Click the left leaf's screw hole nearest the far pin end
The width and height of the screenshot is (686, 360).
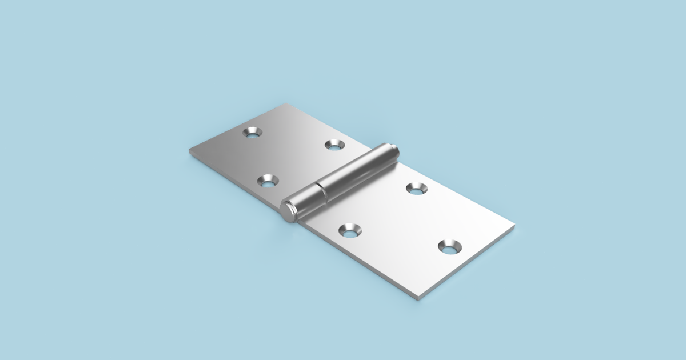(x=334, y=145)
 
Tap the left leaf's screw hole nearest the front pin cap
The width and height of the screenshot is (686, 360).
(x=268, y=182)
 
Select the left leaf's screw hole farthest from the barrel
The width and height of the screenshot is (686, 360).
(x=252, y=132)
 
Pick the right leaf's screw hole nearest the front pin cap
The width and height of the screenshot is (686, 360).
(x=350, y=230)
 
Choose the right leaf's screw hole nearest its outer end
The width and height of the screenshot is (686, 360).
(x=450, y=247)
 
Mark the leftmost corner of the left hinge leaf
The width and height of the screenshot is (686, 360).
(x=190, y=150)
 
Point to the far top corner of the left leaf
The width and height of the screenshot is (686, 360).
(x=285, y=105)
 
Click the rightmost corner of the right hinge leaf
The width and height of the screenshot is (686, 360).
(x=514, y=227)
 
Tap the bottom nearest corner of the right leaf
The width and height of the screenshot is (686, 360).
(x=420, y=298)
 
